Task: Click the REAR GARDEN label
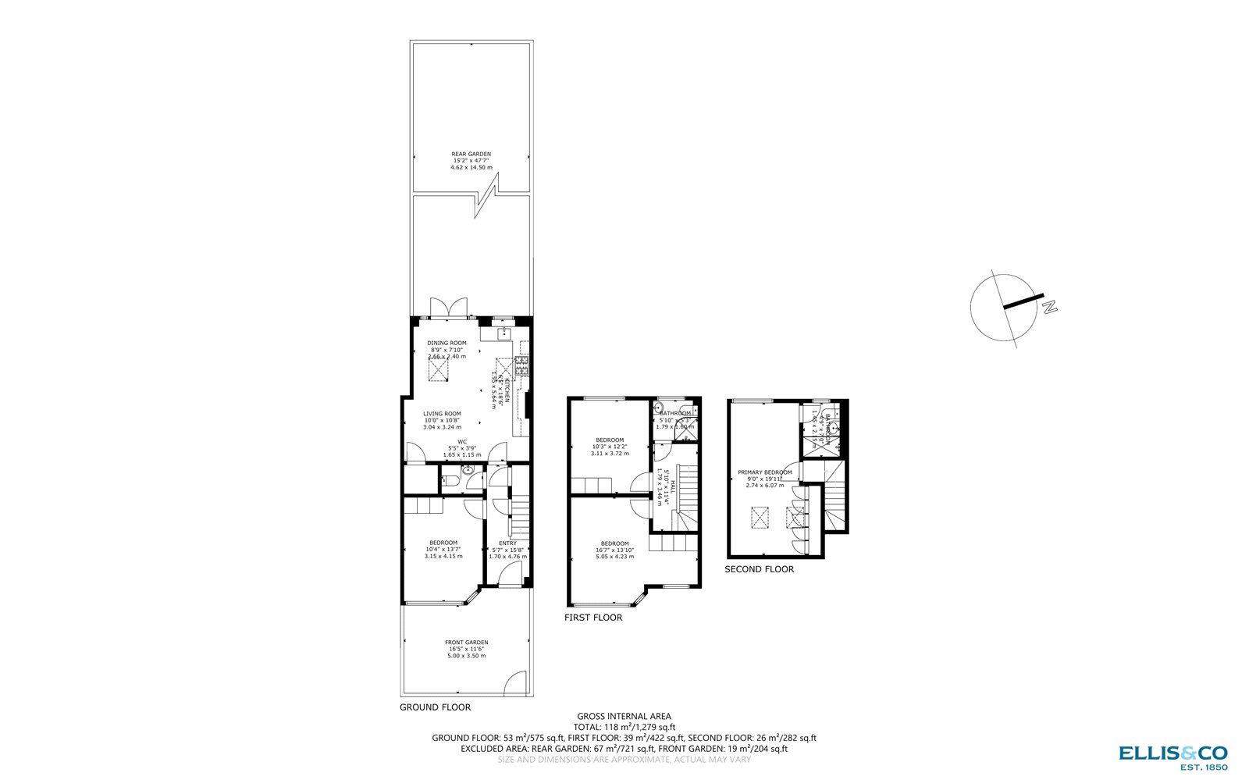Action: pyautogui.click(x=471, y=155)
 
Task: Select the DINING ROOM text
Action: pyautogui.click(x=447, y=343)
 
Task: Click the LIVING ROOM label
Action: pyautogui.click(x=442, y=414)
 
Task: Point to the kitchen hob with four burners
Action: pyautogui.click(x=521, y=365)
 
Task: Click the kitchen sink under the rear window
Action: pyautogui.click(x=500, y=333)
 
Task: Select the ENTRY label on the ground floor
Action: pyautogui.click(x=507, y=543)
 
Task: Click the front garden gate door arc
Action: pyautogui.click(x=516, y=685)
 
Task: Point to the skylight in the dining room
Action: pyautogui.click(x=439, y=369)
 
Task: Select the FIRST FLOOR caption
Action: pyautogui.click(x=593, y=618)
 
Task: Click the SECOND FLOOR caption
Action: pyautogui.click(x=759, y=569)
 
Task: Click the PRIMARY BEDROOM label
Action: pyautogui.click(x=764, y=472)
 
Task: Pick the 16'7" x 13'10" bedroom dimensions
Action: pyautogui.click(x=614, y=550)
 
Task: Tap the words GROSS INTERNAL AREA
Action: pyautogui.click(x=624, y=716)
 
